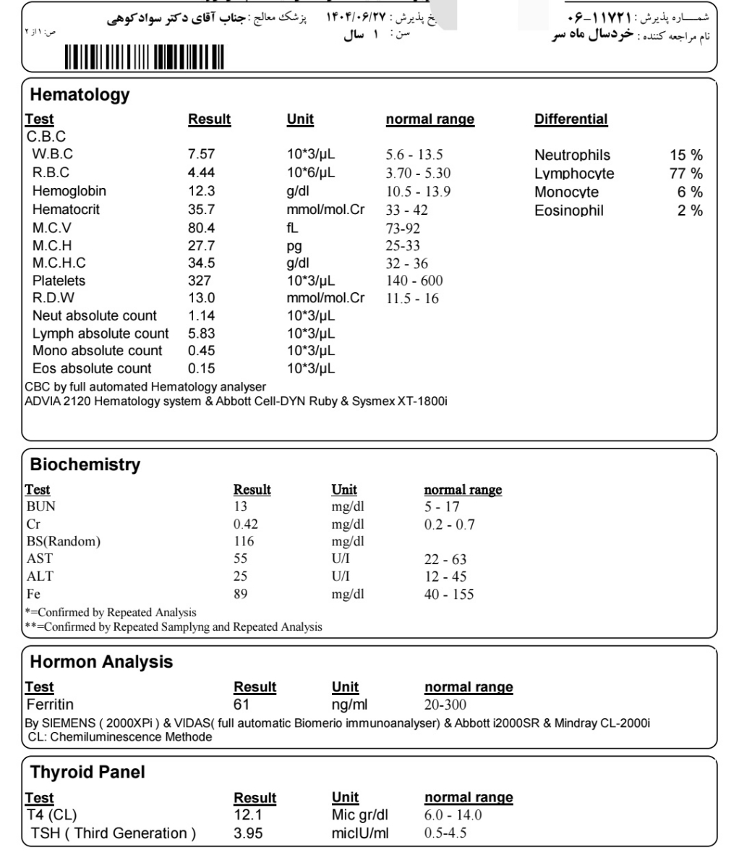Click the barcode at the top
pyautogui.click(x=144, y=56)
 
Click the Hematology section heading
pyautogui.click(x=80, y=94)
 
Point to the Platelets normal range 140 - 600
pyautogui.click(x=415, y=281)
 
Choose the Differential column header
pyautogui.click(x=571, y=119)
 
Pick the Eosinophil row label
pyautogui.click(x=569, y=211)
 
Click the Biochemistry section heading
pyautogui.click(x=85, y=464)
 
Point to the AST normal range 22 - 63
pyautogui.click(x=445, y=559)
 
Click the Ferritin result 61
pyautogui.click(x=242, y=705)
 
